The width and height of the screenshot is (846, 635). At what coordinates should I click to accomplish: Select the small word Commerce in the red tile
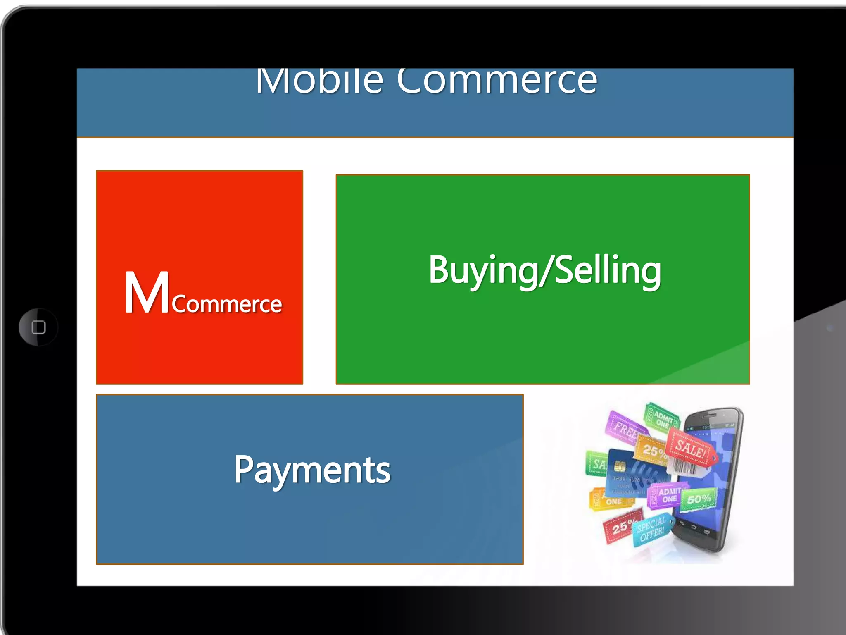click(x=227, y=305)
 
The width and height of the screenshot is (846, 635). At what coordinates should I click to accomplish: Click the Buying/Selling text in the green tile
click(x=544, y=270)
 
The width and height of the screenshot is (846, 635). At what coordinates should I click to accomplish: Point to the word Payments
click(x=312, y=470)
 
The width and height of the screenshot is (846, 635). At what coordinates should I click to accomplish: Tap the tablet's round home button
click(x=38, y=327)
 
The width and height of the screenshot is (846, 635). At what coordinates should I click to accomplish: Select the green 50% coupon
click(x=699, y=499)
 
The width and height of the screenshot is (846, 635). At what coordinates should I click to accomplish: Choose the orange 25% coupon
click(x=653, y=451)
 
